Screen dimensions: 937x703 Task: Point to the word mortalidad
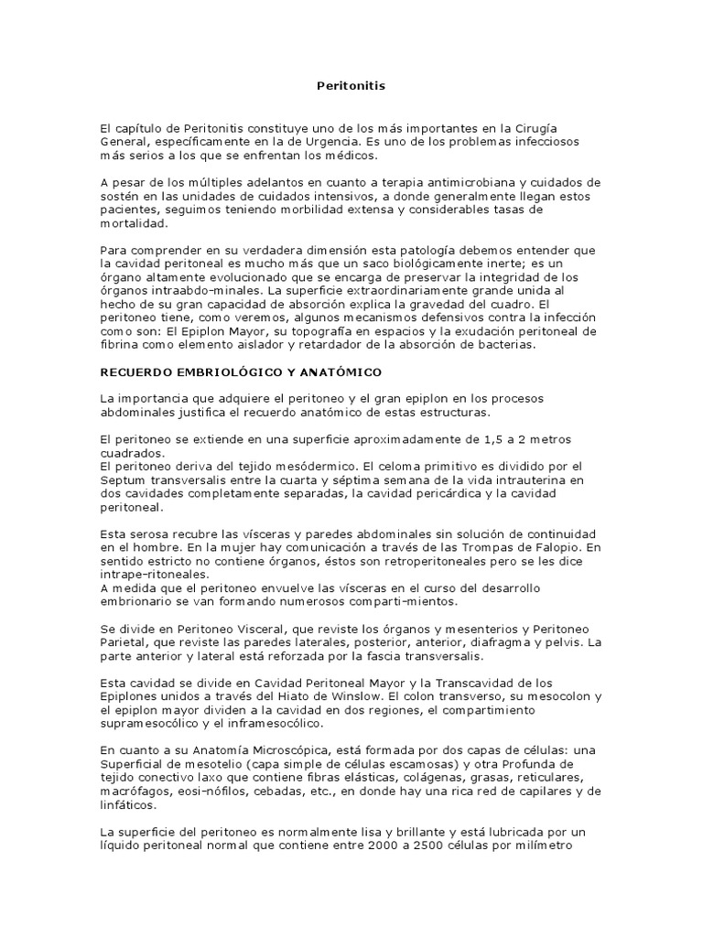point(133,222)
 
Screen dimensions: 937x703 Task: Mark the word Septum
point(124,479)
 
